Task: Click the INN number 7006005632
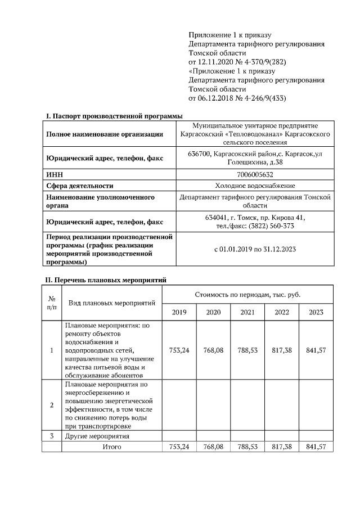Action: tap(255, 175)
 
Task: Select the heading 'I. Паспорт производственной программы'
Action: tap(114, 116)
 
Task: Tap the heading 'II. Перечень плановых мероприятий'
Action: tap(106, 280)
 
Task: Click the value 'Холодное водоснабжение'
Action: tap(255, 186)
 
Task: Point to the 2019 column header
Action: tap(179, 312)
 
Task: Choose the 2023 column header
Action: tap(316, 312)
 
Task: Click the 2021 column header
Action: tap(247, 312)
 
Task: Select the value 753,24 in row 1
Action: tap(179, 350)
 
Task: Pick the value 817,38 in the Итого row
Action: tap(281, 447)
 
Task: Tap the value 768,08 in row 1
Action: tap(213, 350)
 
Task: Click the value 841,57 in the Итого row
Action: tap(316, 447)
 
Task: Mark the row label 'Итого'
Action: tap(111, 447)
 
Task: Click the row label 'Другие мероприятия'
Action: tap(97, 436)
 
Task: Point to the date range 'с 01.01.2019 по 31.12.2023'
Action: tap(255, 249)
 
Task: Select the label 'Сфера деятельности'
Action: tap(79, 186)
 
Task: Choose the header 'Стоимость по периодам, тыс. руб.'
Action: tap(247, 294)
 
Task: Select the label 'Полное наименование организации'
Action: tap(105, 134)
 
